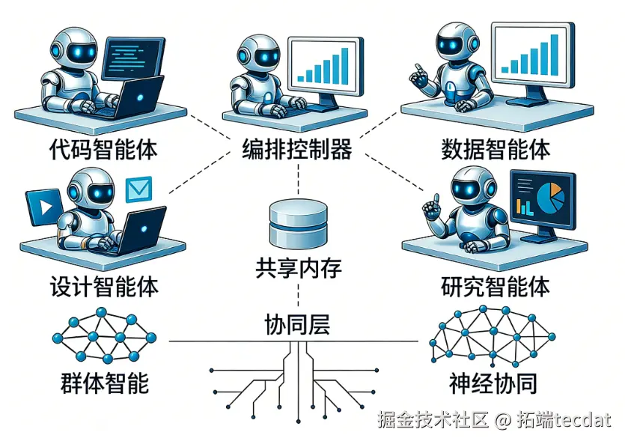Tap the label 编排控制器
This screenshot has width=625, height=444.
[x=297, y=149]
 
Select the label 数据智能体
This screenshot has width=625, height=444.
[x=496, y=149]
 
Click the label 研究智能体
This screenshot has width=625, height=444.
[x=496, y=287]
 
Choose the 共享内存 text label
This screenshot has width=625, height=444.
[x=299, y=267]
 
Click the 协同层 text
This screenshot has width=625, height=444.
[x=298, y=326]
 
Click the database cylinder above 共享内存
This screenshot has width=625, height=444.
[x=299, y=222]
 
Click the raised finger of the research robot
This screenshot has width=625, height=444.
[x=430, y=203]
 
